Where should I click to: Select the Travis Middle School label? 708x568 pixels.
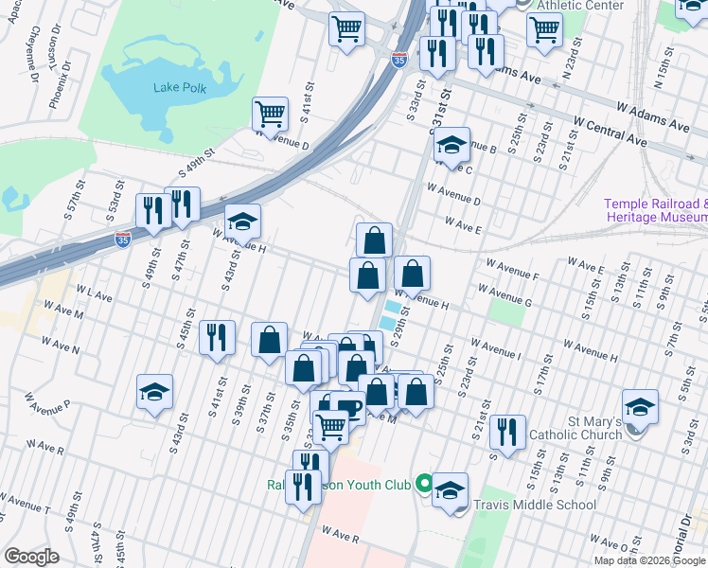tap(535, 506)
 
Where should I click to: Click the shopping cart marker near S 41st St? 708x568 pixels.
tap(271, 115)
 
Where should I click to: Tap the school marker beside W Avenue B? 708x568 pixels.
tap(451, 145)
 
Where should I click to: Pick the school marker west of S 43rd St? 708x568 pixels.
tap(155, 390)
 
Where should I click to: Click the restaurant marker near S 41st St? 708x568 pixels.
tap(217, 336)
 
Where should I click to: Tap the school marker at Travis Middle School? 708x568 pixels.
tap(451, 489)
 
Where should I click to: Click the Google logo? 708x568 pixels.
tap(31, 557)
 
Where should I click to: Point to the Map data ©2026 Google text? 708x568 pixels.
tap(648, 559)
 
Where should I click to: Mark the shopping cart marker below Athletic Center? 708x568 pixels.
tap(544, 28)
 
